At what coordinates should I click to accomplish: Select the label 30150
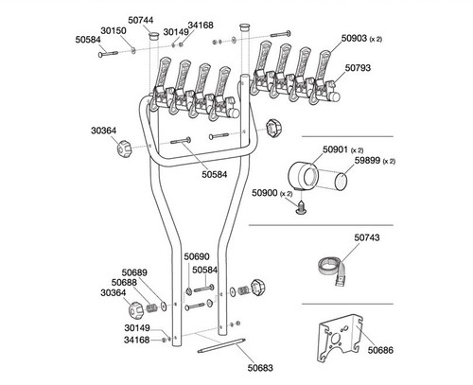(x=114, y=30)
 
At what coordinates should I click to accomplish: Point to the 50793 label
(x=359, y=68)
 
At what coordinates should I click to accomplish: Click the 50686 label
(x=380, y=351)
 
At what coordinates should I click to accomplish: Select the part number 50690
(x=195, y=256)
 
